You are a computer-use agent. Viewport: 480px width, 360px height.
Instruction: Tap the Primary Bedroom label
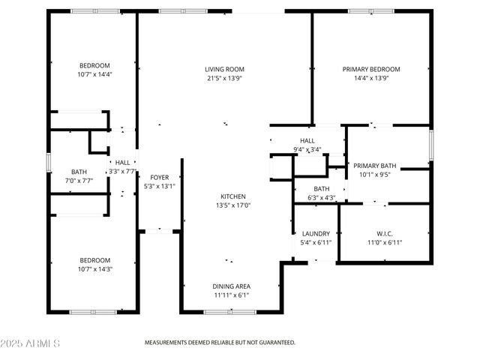pyautogui.click(x=371, y=69)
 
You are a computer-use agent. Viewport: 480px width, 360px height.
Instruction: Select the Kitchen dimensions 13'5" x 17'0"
pyautogui.click(x=233, y=205)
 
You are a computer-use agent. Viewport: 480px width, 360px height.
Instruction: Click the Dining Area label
pyautogui.click(x=232, y=286)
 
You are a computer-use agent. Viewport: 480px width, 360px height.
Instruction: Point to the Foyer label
pyautogui.click(x=159, y=177)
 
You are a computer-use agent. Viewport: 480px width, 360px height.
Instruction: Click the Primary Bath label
pyautogui.click(x=375, y=166)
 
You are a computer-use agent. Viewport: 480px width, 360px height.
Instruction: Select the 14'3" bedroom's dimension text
pyautogui.click(x=94, y=270)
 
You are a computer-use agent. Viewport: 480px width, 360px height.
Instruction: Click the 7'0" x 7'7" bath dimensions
pyautogui.click(x=79, y=181)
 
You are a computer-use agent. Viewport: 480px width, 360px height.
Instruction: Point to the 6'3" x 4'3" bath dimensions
pyautogui.click(x=321, y=198)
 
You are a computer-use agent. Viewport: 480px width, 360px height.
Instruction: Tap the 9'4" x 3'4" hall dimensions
pyautogui.click(x=307, y=150)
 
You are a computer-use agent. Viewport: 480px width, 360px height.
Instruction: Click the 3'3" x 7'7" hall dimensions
pyautogui.click(x=122, y=171)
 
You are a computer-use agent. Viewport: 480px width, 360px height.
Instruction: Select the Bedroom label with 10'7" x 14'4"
pyautogui.click(x=94, y=65)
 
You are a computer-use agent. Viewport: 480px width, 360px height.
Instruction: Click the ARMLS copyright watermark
pyautogui.click(x=31, y=343)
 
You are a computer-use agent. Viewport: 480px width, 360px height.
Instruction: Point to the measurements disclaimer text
pyautogui.click(x=220, y=342)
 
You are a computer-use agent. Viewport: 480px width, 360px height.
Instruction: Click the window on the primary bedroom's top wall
pyautogui.click(x=370, y=11)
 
